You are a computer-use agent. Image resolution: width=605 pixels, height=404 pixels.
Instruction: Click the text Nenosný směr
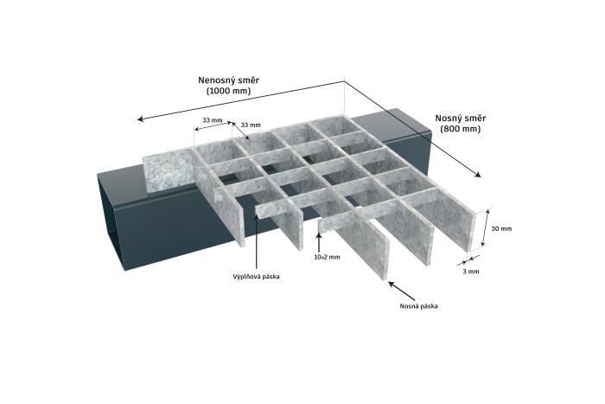pyautogui.click(x=229, y=80)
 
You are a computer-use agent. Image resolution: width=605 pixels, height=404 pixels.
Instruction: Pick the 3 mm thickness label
pyautogui.click(x=472, y=271)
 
